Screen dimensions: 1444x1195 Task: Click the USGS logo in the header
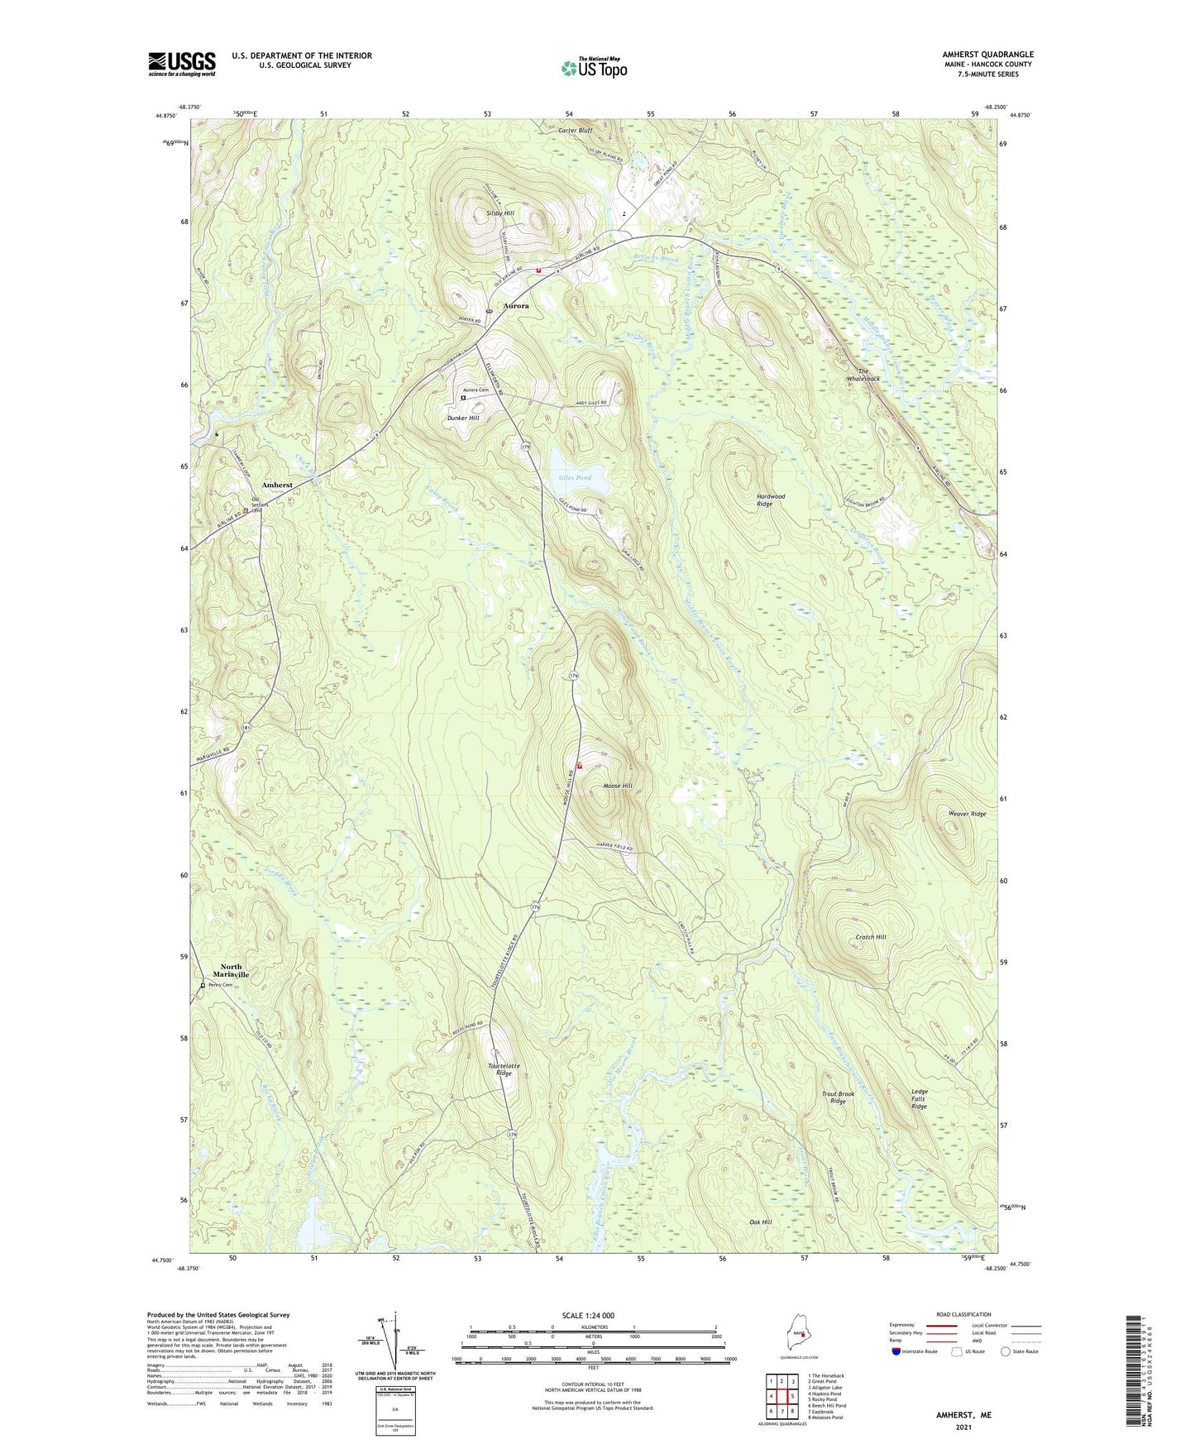pyautogui.click(x=182, y=64)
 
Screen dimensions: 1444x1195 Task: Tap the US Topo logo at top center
pyautogui.click(x=594, y=68)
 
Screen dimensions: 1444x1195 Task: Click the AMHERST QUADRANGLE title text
pyautogui.click(x=987, y=55)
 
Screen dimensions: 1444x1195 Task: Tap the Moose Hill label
pyautogui.click(x=618, y=786)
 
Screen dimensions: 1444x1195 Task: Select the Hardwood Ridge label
pyautogui.click(x=771, y=500)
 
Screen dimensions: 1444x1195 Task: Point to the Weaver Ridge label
pyautogui.click(x=967, y=814)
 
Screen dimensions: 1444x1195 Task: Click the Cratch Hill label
pyautogui.click(x=871, y=937)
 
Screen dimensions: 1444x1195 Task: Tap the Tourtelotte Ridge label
pyautogui.click(x=504, y=1070)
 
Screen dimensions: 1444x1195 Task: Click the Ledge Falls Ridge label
pyautogui.click(x=920, y=1098)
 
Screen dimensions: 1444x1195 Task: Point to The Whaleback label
pyautogui.click(x=863, y=375)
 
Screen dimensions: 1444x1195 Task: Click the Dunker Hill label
pyautogui.click(x=463, y=418)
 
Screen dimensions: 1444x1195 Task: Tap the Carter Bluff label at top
pyautogui.click(x=575, y=131)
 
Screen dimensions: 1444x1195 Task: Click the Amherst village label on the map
pyautogui.click(x=277, y=485)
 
